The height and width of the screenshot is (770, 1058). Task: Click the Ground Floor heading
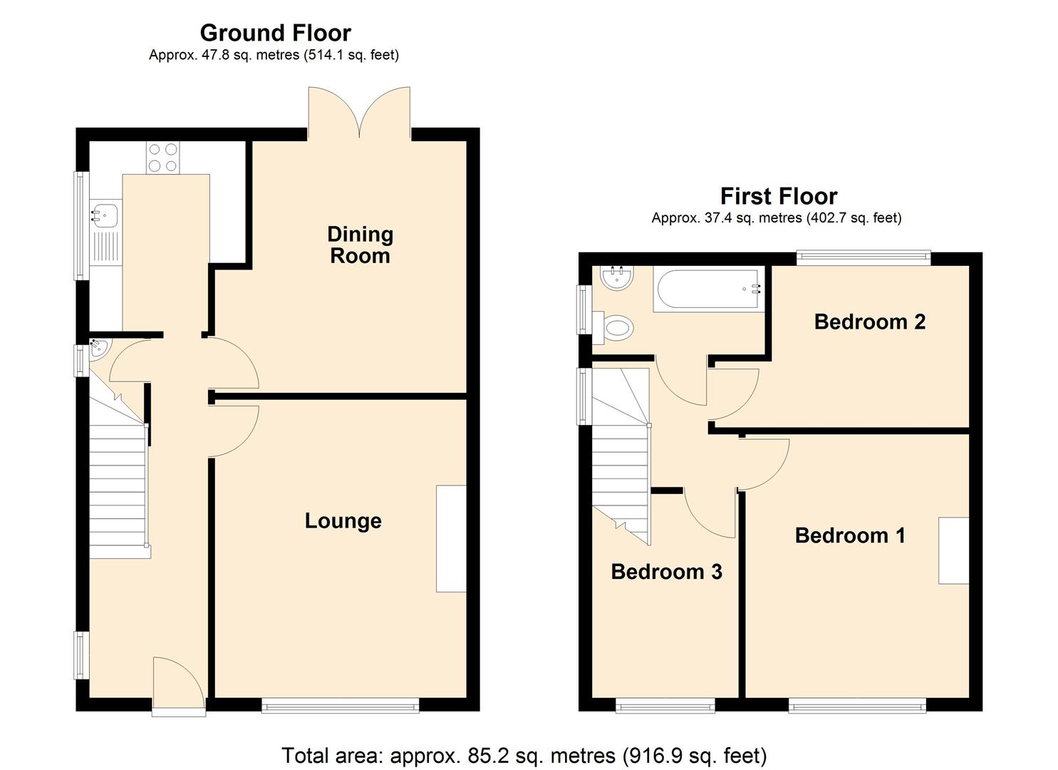[x=275, y=33]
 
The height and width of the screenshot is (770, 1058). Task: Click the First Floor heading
[x=778, y=196]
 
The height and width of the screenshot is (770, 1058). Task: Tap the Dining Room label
[x=360, y=245]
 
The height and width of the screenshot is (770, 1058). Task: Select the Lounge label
[x=343, y=520]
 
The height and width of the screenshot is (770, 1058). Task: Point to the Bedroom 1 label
[x=849, y=535]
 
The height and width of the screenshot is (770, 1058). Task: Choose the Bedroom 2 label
[x=869, y=322]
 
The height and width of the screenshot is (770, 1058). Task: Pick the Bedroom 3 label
[x=666, y=571]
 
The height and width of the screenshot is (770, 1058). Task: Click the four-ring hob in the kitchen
[x=162, y=158]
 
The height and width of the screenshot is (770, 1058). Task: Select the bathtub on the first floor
[x=707, y=289]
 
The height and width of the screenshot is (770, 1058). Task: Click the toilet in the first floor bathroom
[x=616, y=328]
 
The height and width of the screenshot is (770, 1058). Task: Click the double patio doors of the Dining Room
[x=360, y=113]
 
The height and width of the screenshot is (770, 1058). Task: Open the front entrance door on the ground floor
[x=178, y=686]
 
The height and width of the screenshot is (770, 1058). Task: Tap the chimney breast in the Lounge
[x=451, y=538]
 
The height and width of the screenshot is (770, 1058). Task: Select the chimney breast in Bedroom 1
[x=953, y=550]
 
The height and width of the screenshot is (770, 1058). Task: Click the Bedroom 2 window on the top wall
[x=863, y=257]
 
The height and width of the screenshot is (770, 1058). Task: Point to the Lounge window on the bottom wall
[x=340, y=705]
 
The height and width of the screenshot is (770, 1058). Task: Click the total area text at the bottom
[x=524, y=755]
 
